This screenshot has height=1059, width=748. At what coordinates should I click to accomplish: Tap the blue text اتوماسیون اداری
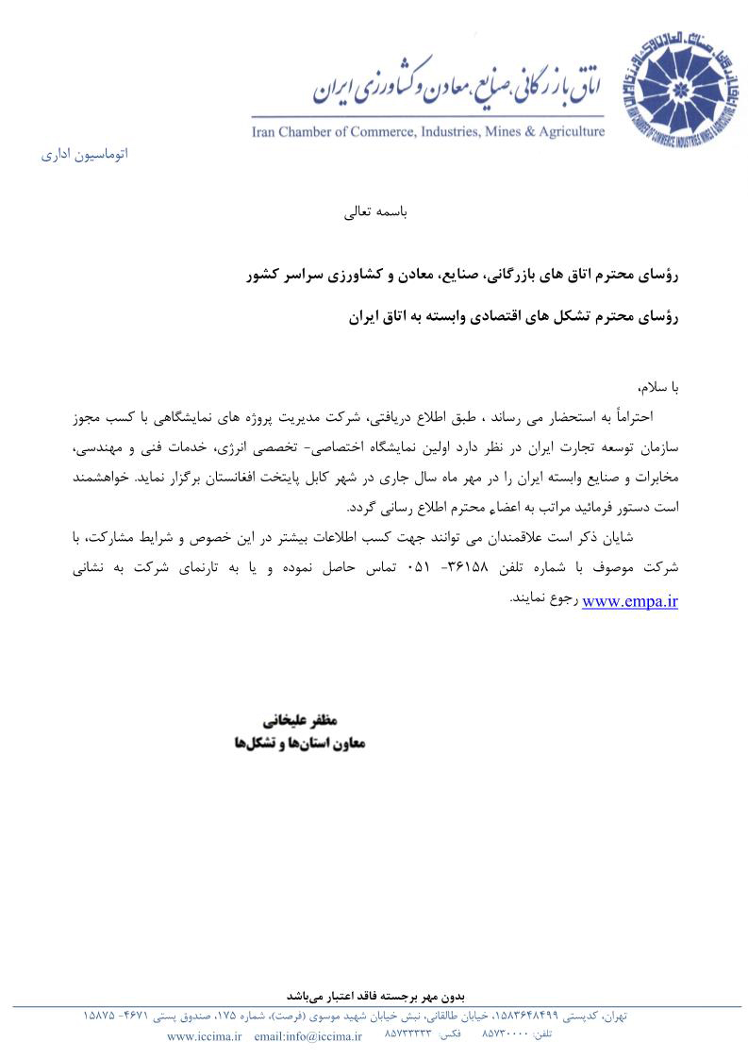tap(84, 153)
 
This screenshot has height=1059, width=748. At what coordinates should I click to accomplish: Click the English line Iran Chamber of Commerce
tap(427, 130)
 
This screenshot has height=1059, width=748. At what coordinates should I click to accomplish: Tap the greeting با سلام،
tap(658, 388)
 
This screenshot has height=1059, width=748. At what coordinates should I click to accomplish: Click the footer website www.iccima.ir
tap(205, 1036)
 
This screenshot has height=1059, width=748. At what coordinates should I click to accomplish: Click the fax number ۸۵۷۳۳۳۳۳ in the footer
tap(408, 1035)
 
